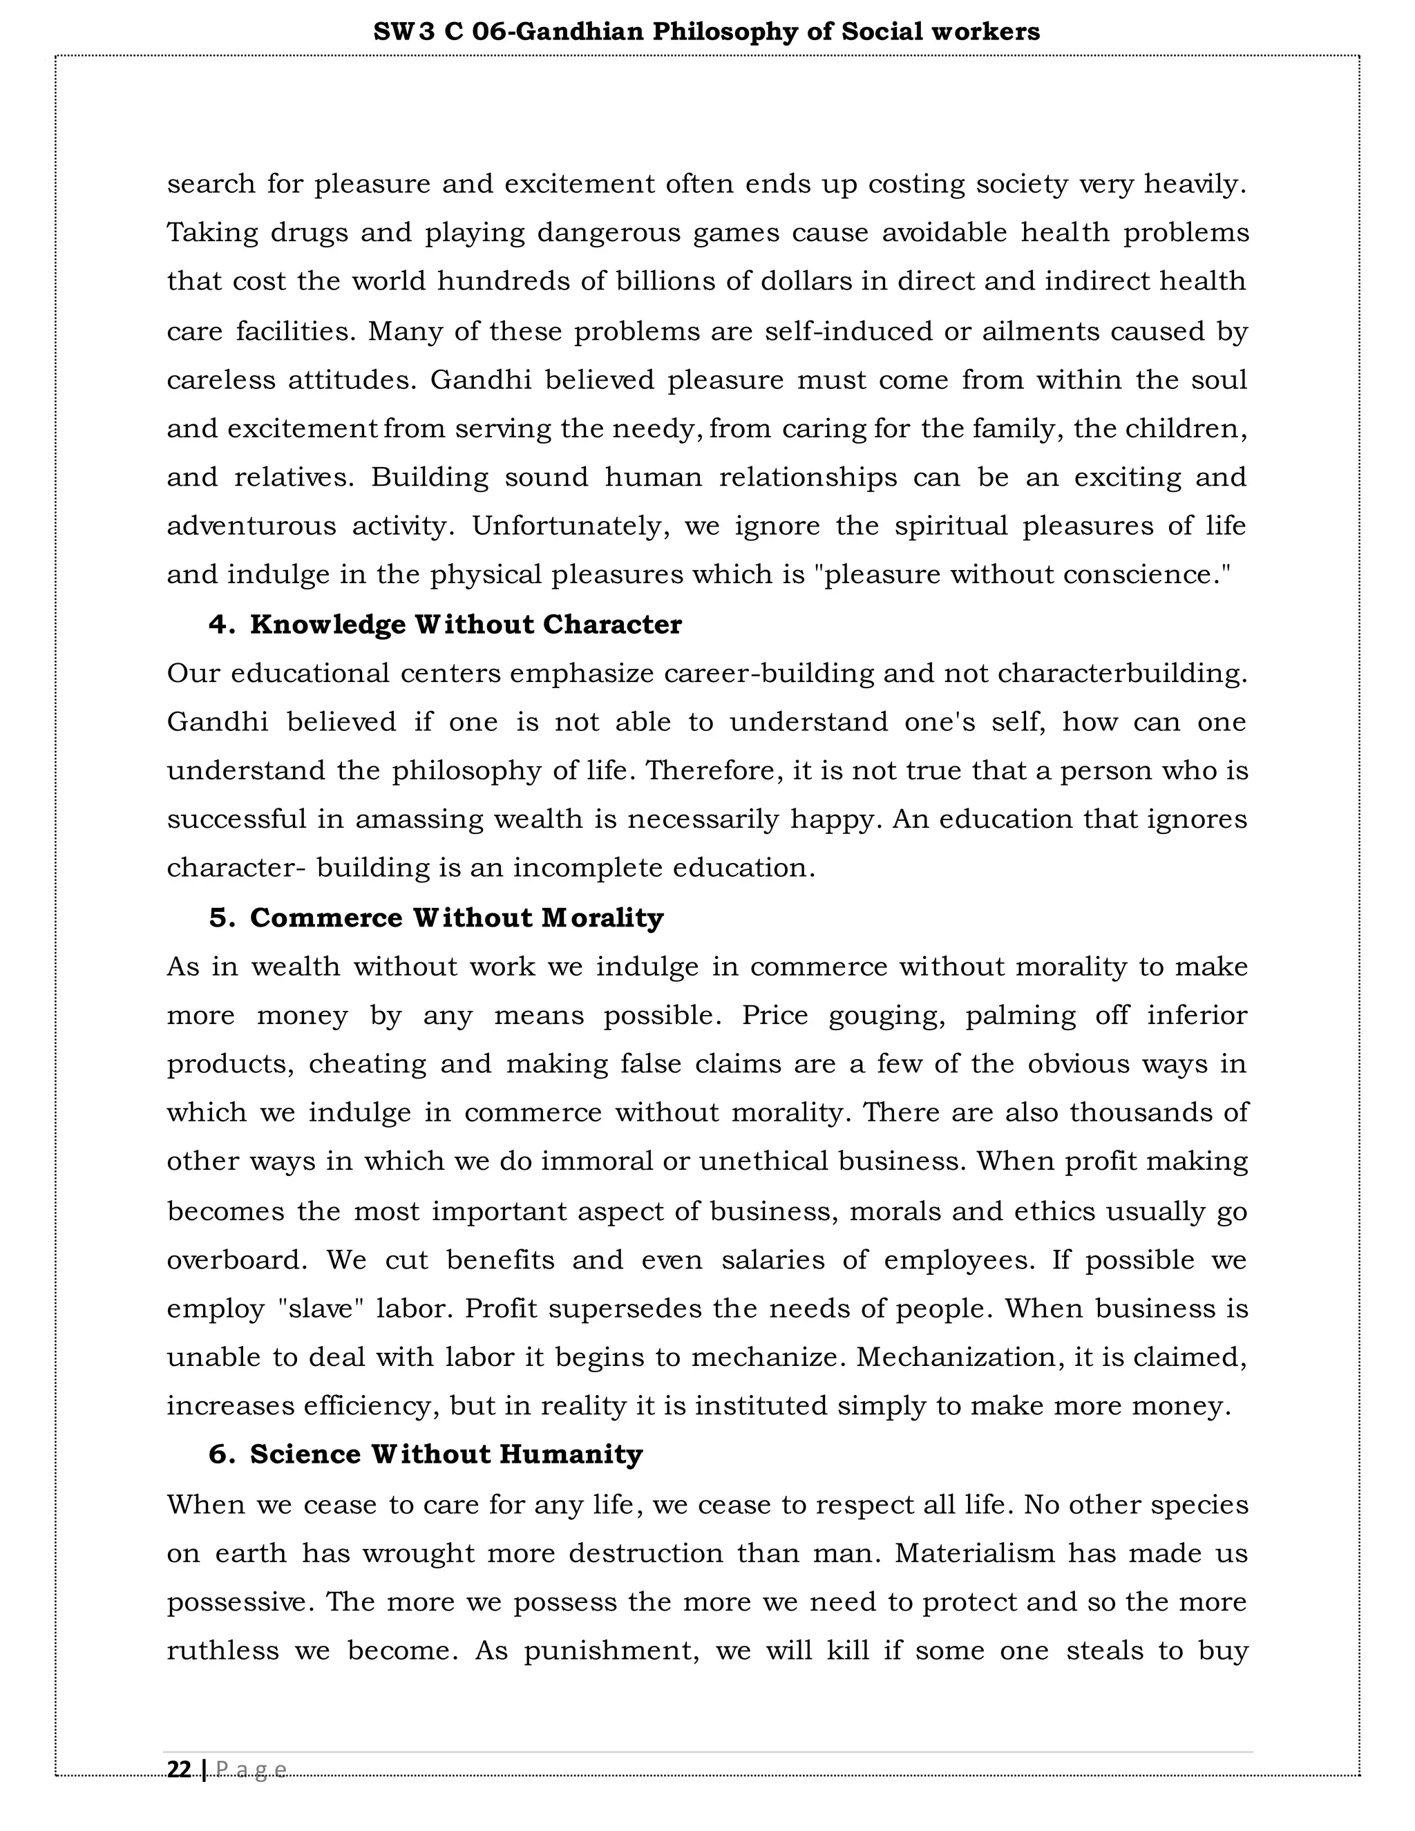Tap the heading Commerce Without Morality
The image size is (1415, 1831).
[456, 918]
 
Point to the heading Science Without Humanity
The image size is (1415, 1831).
[446, 1454]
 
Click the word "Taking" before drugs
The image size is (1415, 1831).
[213, 232]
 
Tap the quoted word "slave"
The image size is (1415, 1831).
[321, 1309]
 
